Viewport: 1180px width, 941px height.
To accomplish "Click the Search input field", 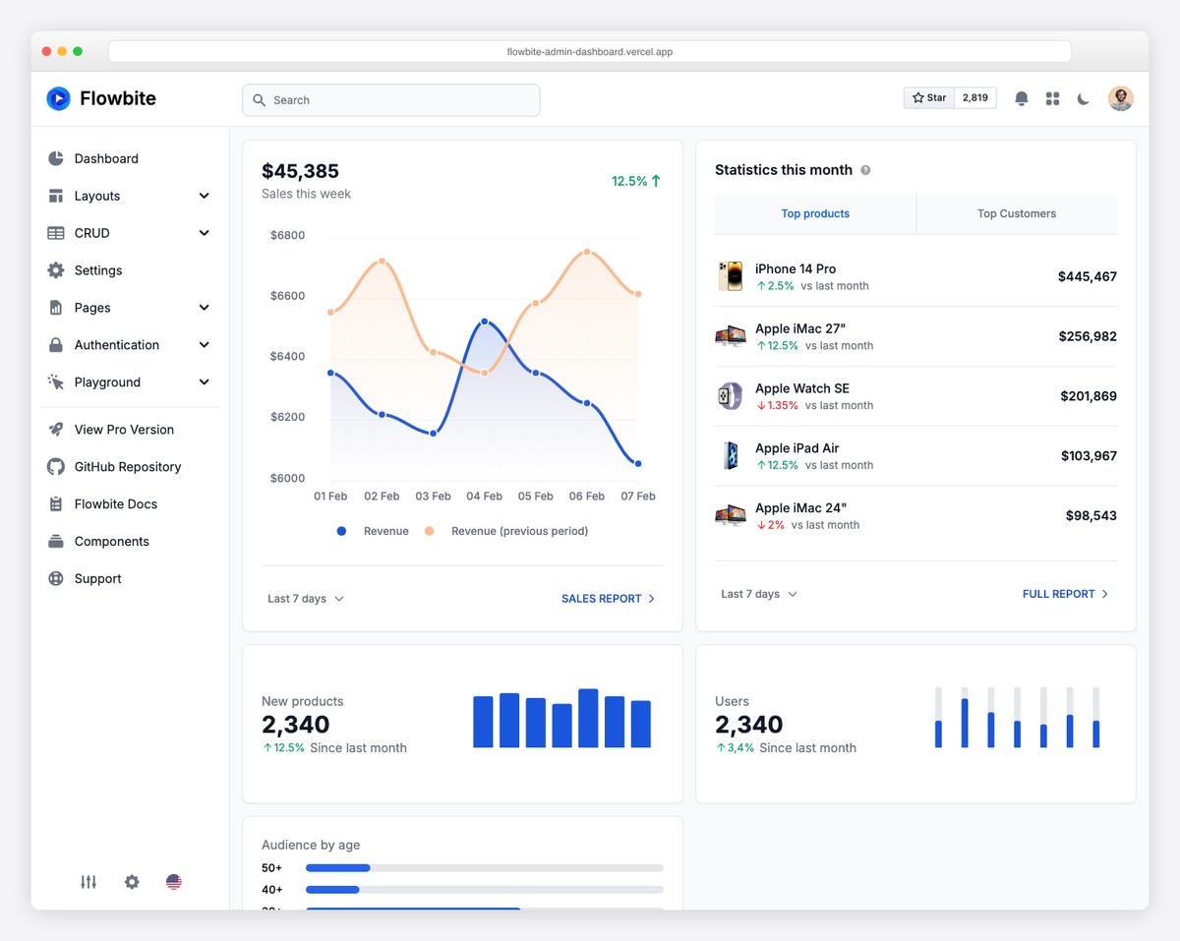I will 390,100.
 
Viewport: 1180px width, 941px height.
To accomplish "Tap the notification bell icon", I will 1022,98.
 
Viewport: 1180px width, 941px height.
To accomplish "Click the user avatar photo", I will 1120,98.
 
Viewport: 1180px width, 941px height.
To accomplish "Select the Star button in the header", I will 929,98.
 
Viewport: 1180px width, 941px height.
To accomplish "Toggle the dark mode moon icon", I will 1084,98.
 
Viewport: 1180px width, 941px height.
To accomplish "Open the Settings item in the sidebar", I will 98,270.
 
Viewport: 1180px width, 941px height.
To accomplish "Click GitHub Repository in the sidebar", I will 128,467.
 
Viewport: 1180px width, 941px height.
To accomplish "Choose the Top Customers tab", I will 1016,213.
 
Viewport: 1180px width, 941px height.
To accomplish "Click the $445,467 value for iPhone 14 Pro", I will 1087,277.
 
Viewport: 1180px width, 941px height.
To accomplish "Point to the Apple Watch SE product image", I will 730,396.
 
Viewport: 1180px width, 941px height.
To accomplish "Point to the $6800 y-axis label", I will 287,236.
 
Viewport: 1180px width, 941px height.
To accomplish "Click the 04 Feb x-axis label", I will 484,497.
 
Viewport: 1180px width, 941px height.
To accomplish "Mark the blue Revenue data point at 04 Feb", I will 485,322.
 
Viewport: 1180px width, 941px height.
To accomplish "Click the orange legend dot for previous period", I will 429,531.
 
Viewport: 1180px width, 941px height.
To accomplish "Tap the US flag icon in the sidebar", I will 174,882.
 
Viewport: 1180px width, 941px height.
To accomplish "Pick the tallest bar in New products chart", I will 588,718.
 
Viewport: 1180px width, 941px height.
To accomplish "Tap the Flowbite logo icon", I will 59,98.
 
